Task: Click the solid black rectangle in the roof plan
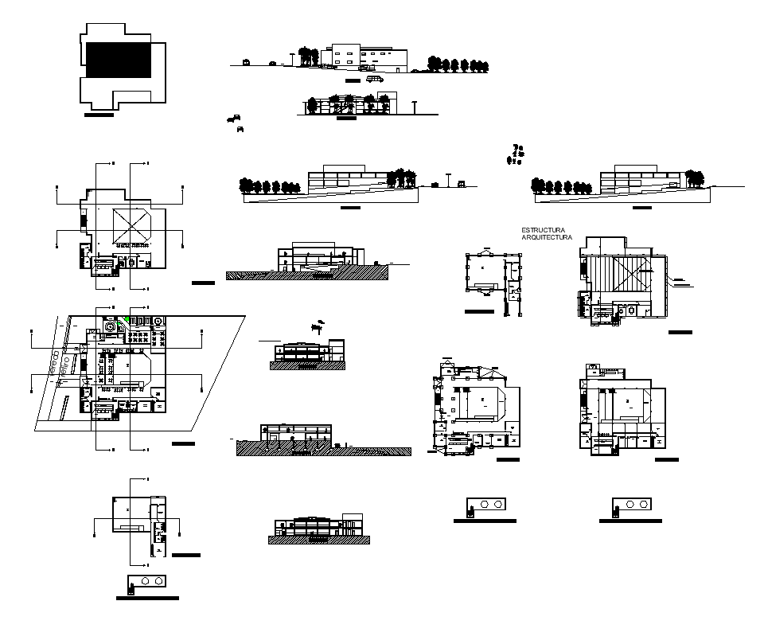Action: click(119, 60)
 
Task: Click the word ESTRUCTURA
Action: click(543, 229)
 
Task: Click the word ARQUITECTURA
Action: click(547, 237)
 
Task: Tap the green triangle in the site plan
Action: click(126, 320)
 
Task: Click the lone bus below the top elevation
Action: click(375, 79)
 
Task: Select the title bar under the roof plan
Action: click(99, 115)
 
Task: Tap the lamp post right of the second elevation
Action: click(413, 107)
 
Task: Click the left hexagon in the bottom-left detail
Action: click(146, 581)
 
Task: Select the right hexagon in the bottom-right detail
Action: click(642, 505)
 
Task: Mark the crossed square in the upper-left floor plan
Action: click(132, 226)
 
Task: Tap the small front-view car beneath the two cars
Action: click(240, 128)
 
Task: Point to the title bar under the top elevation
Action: click(353, 81)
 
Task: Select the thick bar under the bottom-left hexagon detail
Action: click(147, 597)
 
